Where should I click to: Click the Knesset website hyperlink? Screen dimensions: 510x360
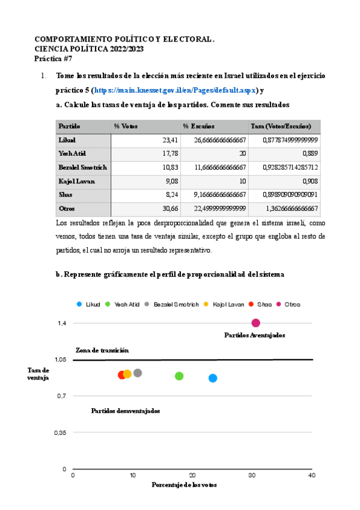174,90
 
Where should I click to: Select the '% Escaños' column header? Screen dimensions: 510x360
198,126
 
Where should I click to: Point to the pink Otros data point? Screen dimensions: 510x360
255,323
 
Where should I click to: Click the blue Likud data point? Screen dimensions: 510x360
213,378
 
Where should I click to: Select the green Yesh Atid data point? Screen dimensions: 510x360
179,376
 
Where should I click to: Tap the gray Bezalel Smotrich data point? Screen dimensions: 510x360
138,373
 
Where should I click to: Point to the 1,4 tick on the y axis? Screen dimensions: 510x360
62,323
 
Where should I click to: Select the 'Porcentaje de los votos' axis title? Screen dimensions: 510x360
184,485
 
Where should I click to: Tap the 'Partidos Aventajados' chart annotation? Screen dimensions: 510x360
254,334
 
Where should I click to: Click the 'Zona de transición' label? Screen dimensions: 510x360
102,350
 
